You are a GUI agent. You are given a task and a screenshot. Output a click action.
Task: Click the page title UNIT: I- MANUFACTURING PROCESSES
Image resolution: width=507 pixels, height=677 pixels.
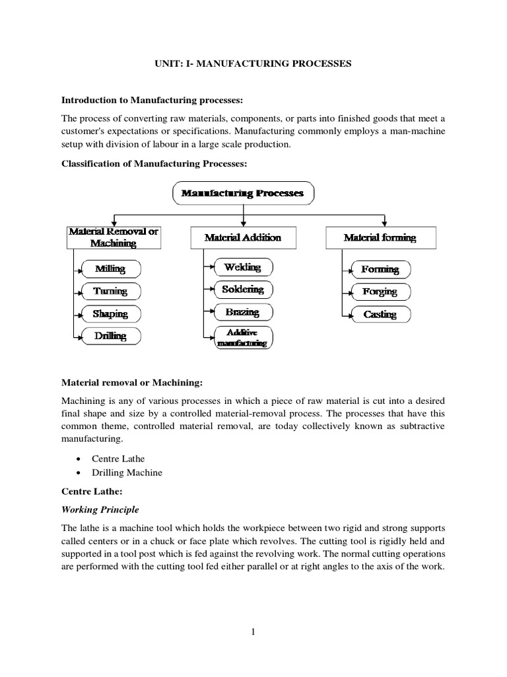pos(253,63)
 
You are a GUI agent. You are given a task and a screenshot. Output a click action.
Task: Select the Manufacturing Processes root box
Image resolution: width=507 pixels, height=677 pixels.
pos(244,194)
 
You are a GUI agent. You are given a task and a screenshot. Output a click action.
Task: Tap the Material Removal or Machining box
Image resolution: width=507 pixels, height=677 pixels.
pos(114,237)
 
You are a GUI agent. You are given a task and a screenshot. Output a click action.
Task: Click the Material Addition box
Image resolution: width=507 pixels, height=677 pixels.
pos(243,237)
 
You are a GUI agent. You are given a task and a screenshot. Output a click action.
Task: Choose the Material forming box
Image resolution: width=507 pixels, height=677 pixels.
pos(380,237)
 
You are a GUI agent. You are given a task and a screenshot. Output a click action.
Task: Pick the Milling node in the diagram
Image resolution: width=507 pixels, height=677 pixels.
pos(110,269)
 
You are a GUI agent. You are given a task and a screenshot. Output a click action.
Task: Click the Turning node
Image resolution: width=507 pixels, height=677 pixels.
pos(110,291)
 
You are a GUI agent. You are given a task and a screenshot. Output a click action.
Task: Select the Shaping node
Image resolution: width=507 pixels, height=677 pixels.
pos(110,313)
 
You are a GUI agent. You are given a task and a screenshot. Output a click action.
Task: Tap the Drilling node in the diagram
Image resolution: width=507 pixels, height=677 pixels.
pos(110,336)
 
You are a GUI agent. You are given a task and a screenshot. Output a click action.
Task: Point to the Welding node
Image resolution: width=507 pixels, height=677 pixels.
pos(243,267)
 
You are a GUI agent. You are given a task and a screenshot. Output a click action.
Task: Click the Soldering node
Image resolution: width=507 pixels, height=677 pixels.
pos(243,290)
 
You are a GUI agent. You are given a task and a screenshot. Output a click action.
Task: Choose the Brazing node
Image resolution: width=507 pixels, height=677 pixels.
pos(243,312)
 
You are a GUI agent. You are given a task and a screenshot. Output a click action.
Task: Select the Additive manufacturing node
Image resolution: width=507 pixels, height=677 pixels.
pos(243,337)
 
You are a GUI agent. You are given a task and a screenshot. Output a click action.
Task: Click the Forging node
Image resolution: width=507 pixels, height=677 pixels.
pos(380,292)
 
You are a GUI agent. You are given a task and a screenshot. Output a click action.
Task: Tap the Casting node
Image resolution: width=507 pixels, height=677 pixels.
pos(380,314)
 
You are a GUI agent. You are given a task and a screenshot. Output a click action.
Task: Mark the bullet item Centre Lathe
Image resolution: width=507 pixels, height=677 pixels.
pos(119,458)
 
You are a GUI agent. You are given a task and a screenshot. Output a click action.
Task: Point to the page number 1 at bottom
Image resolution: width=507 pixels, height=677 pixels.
pos(253,631)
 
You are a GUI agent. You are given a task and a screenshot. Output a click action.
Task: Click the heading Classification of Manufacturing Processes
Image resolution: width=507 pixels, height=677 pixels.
pos(155,163)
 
